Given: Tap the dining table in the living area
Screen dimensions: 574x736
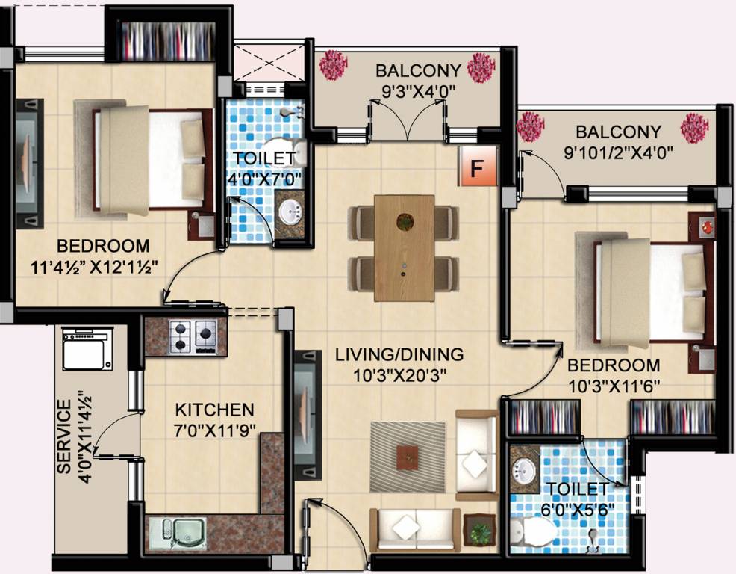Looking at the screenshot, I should (x=404, y=247).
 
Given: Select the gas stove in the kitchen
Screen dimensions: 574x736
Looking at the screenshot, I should (x=194, y=336).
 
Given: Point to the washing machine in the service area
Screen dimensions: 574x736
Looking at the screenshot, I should (x=87, y=348).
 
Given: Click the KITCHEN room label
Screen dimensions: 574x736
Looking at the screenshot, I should (x=214, y=410).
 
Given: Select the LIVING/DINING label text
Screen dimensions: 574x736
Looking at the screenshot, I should (x=399, y=354).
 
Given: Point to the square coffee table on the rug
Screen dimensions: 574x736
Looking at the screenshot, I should (x=408, y=456).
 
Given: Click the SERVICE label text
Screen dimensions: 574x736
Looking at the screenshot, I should (x=63, y=436).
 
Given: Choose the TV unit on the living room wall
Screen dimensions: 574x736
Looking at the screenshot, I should (x=307, y=416).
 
